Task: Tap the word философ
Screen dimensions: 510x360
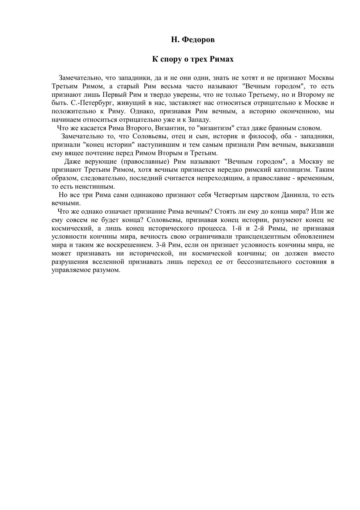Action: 262,137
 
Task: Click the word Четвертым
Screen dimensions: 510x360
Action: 229,195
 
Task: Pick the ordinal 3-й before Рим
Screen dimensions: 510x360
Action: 165,245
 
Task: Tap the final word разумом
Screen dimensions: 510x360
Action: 110,270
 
